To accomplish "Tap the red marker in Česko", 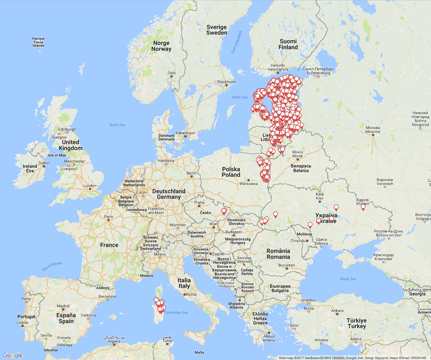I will tap(224, 211).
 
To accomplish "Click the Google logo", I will tap(12, 355).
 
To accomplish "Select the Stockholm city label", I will tap(226, 82).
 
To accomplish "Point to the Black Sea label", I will tap(348, 279).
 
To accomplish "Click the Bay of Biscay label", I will tap(52, 266).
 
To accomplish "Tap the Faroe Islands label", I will tap(39, 42).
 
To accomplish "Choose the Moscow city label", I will tap(373, 130).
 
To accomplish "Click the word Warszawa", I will tap(248, 184).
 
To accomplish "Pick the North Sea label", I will tap(117, 125).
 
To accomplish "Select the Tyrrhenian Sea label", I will tap(176, 313).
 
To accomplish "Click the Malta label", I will tap(199, 352).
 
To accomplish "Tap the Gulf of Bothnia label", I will tap(236, 42).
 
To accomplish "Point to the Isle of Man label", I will tap(57, 155).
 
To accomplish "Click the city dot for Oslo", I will tap(171, 76).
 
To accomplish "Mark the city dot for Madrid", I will tap(63, 310).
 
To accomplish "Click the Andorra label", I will tap(103, 288).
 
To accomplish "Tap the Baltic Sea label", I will tap(240, 97).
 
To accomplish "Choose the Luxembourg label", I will tap(136, 210).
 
